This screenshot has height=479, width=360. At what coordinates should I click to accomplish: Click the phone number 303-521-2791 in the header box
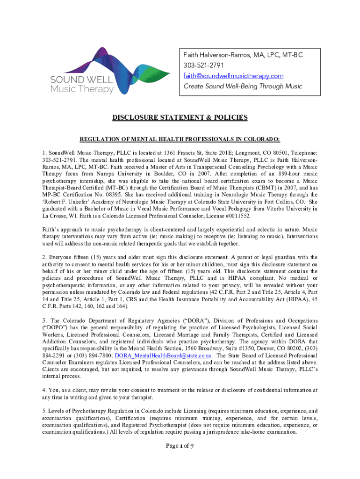[202, 65]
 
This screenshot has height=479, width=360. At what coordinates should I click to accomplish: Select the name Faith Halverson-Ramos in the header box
[219, 55]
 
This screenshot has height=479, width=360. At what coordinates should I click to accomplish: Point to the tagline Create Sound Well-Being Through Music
[243, 86]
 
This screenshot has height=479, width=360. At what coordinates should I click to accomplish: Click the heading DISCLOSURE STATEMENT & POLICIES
[180, 117]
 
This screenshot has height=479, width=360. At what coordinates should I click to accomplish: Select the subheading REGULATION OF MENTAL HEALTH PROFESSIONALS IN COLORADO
[180, 139]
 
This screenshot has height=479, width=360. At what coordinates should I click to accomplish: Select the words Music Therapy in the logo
[82, 89]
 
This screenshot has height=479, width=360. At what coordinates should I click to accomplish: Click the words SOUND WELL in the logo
[82, 79]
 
